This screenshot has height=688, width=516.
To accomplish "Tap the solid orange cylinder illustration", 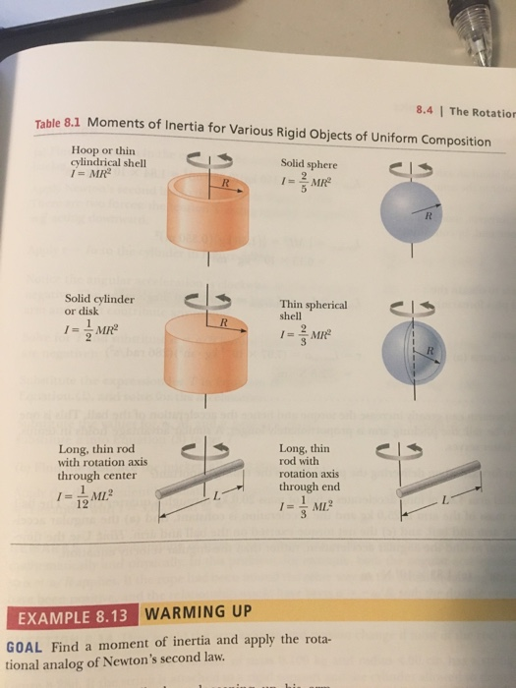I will coord(209,359).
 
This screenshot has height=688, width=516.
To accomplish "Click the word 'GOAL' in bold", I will coord(24,648).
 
